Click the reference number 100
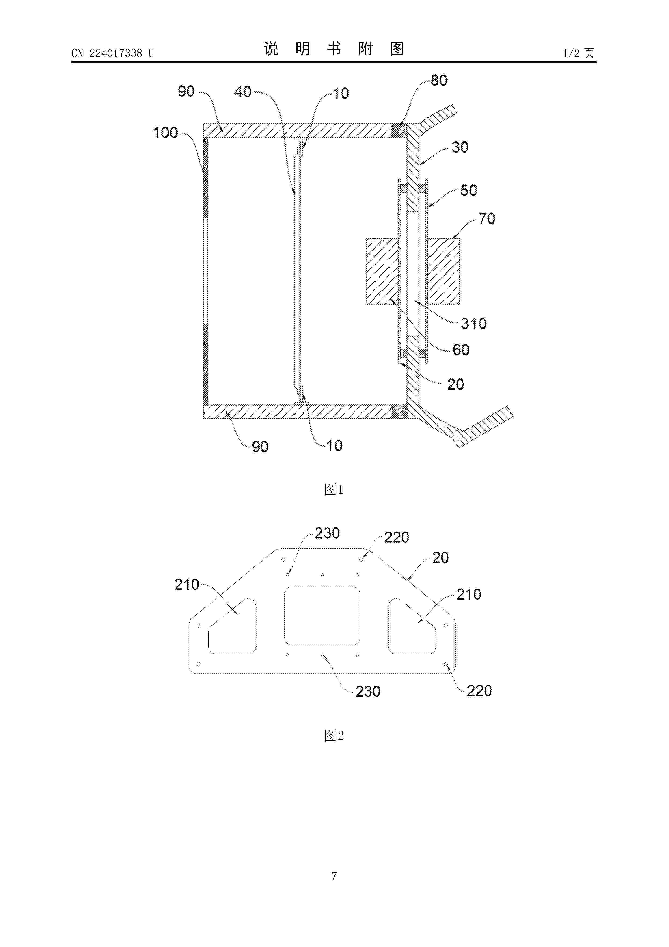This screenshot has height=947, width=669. (x=165, y=133)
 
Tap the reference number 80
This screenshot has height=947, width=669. (x=439, y=80)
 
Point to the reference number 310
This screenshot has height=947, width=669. (x=474, y=324)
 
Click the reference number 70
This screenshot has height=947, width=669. (x=487, y=219)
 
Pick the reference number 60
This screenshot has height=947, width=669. (x=461, y=350)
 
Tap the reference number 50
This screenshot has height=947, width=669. (x=469, y=191)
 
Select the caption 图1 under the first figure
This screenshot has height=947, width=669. (x=334, y=490)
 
